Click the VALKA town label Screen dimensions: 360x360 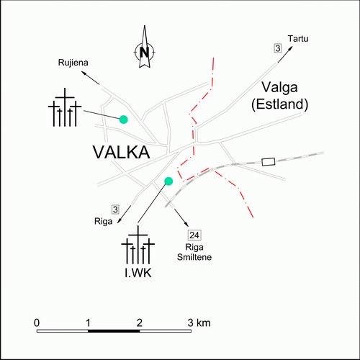pyautogui.click(x=122, y=152)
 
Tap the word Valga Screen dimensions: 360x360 pyautogui.click(x=279, y=88)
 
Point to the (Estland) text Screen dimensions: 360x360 pyautogui.click(x=280, y=104)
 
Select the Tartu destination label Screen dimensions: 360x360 pyautogui.click(x=298, y=39)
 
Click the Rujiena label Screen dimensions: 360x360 pyautogui.click(x=73, y=63)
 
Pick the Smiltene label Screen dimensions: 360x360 pyautogui.click(x=194, y=257)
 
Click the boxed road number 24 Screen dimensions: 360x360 pyautogui.click(x=194, y=235)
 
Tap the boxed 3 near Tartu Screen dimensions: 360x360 pyautogui.click(x=278, y=48)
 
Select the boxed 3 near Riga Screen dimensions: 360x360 pyautogui.click(x=115, y=210)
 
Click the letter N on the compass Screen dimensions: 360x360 pyautogui.click(x=144, y=52)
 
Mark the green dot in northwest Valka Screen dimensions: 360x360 pyautogui.click(x=124, y=120)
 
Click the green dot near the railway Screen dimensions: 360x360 pyautogui.click(x=168, y=181)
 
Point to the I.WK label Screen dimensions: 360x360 pyautogui.click(x=138, y=273)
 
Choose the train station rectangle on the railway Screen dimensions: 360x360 pyautogui.click(x=268, y=162)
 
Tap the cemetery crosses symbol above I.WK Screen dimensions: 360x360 pyautogui.click(x=138, y=245)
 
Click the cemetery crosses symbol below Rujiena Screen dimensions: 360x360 pyautogui.click(x=65, y=107)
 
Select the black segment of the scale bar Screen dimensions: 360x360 pyautogui.click(x=114, y=331)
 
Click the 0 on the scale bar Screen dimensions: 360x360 pyautogui.click(x=37, y=323)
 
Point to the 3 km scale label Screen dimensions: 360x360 pyautogui.click(x=199, y=323)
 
